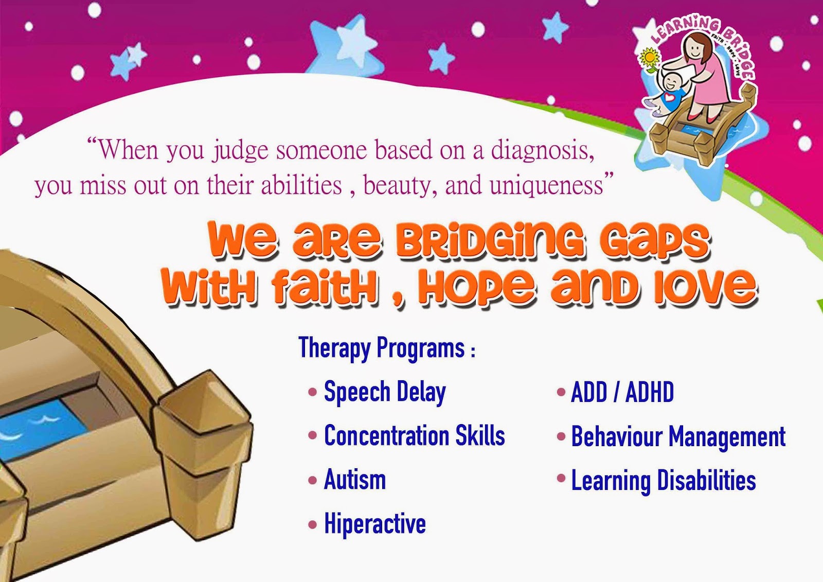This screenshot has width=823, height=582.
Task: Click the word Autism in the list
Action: pos(355,480)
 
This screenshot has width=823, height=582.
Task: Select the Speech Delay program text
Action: pos(384,393)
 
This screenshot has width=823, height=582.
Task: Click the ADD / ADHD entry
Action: pos(622,393)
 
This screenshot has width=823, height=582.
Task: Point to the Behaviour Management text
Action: pos(678,437)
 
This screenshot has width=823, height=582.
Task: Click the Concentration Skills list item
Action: pos(414,436)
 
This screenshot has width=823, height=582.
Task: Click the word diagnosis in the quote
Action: pos(542,150)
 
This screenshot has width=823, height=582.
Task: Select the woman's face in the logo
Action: pos(695,49)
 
